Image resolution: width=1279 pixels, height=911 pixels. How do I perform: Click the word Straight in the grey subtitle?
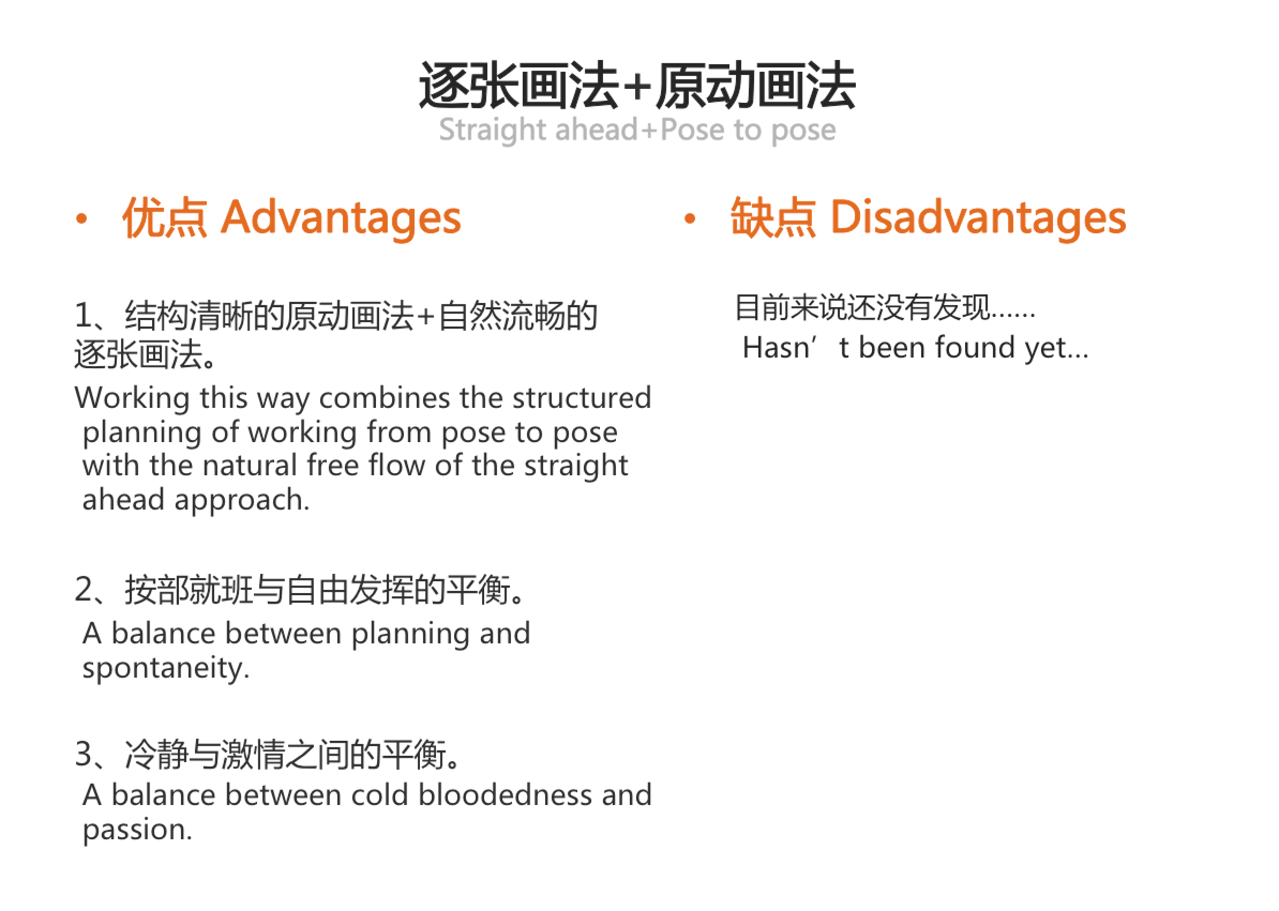tap(493, 130)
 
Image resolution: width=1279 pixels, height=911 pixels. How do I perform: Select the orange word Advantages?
tap(341, 218)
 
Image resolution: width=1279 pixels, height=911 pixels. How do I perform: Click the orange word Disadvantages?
tap(977, 218)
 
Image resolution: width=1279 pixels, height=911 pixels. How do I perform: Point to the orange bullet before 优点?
tap(82, 219)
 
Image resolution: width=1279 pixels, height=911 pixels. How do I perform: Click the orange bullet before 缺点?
tap(690, 219)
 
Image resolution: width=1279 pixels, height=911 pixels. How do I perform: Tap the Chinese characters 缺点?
tap(773, 218)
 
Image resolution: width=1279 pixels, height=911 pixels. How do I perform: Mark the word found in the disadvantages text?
tap(975, 347)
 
